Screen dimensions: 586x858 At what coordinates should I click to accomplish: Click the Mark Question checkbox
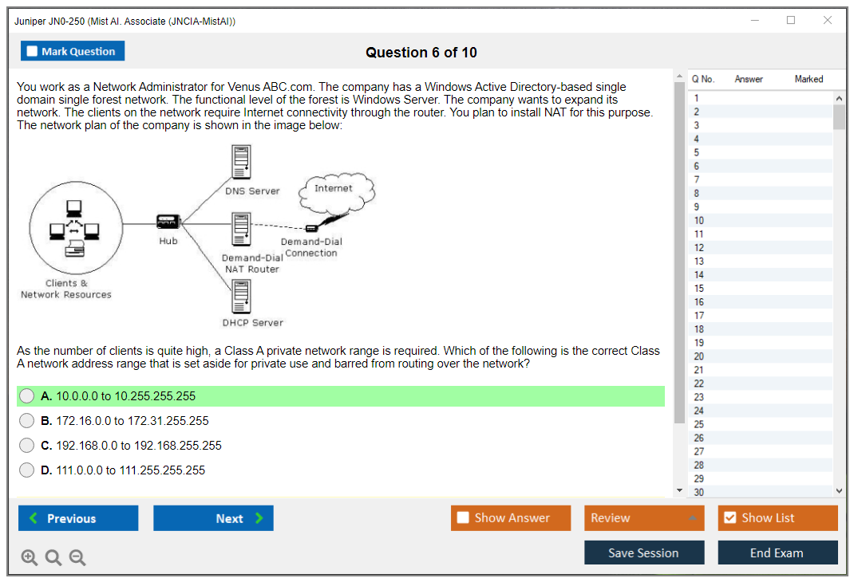[x=33, y=51]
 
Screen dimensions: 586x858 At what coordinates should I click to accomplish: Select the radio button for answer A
[x=27, y=396]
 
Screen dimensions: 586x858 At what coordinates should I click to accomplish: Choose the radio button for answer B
[x=27, y=421]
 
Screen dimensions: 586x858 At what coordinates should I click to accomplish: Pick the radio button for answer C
[x=27, y=446]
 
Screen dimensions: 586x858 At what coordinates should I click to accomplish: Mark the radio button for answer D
[x=27, y=470]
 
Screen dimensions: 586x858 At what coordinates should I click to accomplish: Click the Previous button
[x=78, y=518]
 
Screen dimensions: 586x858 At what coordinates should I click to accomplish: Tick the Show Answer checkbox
[x=463, y=518]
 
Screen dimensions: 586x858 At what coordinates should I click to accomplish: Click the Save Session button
[x=643, y=553]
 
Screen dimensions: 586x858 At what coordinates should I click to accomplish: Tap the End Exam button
[x=777, y=553]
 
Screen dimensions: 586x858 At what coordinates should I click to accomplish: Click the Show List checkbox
[x=729, y=518]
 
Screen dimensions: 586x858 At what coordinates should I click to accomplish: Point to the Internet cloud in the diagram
[x=335, y=191]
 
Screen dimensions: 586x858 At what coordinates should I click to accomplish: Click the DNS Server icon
[x=241, y=163]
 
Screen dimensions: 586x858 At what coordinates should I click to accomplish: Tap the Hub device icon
[x=168, y=222]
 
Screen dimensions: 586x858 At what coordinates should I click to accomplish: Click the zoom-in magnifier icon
[x=30, y=557]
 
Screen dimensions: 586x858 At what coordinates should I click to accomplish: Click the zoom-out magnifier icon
[x=77, y=557]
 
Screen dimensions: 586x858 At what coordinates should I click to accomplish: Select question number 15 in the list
[x=699, y=289]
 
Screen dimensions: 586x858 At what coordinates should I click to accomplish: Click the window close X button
[x=828, y=21]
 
